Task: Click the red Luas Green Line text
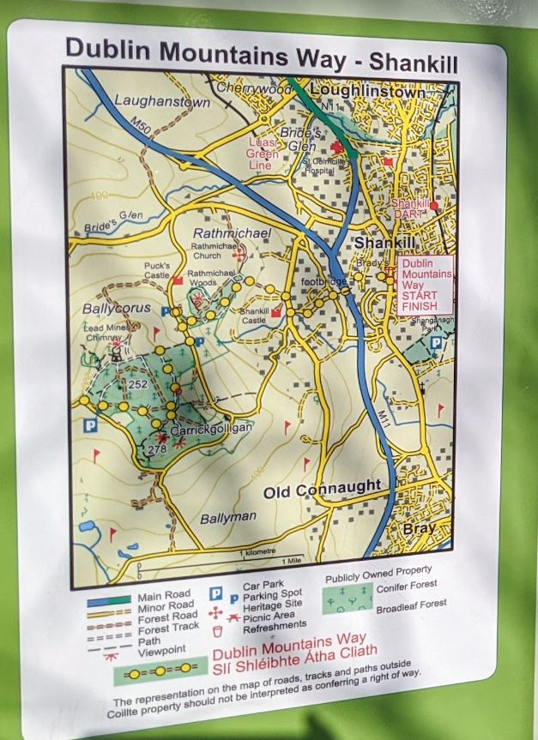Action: coord(263,153)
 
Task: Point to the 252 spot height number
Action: coord(138,385)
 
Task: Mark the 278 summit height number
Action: coord(156,448)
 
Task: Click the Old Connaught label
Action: coord(322,489)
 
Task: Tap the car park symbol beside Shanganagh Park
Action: coord(436,343)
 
